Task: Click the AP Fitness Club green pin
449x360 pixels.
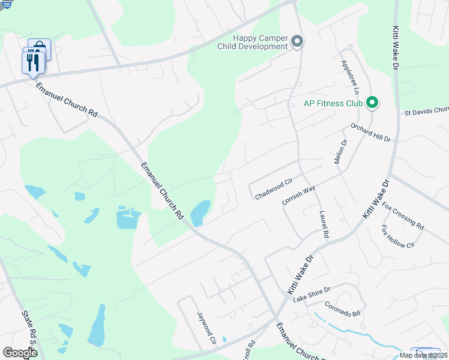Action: click(x=372, y=103)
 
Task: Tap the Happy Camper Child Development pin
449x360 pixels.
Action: click(x=297, y=41)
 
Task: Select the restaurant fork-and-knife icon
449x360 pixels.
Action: click(x=32, y=62)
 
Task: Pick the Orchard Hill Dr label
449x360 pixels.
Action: click(x=371, y=132)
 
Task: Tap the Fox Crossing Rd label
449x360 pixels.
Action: click(x=403, y=215)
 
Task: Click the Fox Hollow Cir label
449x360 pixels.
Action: click(x=398, y=236)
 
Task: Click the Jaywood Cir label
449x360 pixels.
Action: click(x=206, y=326)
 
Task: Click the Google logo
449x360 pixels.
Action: click(x=20, y=352)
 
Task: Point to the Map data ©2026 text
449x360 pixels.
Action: click(x=423, y=355)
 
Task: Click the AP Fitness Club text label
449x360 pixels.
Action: click(x=333, y=103)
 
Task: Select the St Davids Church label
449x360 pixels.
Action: click(x=426, y=111)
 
